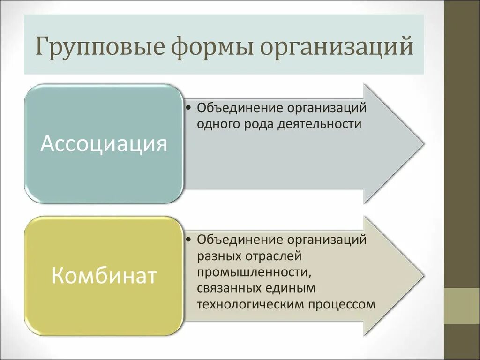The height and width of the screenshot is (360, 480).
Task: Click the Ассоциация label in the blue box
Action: (x=104, y=143)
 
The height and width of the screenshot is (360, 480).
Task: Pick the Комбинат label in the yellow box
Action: (x=104, y=276)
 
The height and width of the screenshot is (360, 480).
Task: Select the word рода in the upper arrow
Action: (x=258, y=125)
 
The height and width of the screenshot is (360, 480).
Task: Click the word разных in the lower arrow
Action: (x=218, y=256)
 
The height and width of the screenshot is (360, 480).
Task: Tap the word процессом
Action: (x=342, y=304)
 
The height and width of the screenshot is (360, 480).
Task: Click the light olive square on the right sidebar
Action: (x=462, y=306)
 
